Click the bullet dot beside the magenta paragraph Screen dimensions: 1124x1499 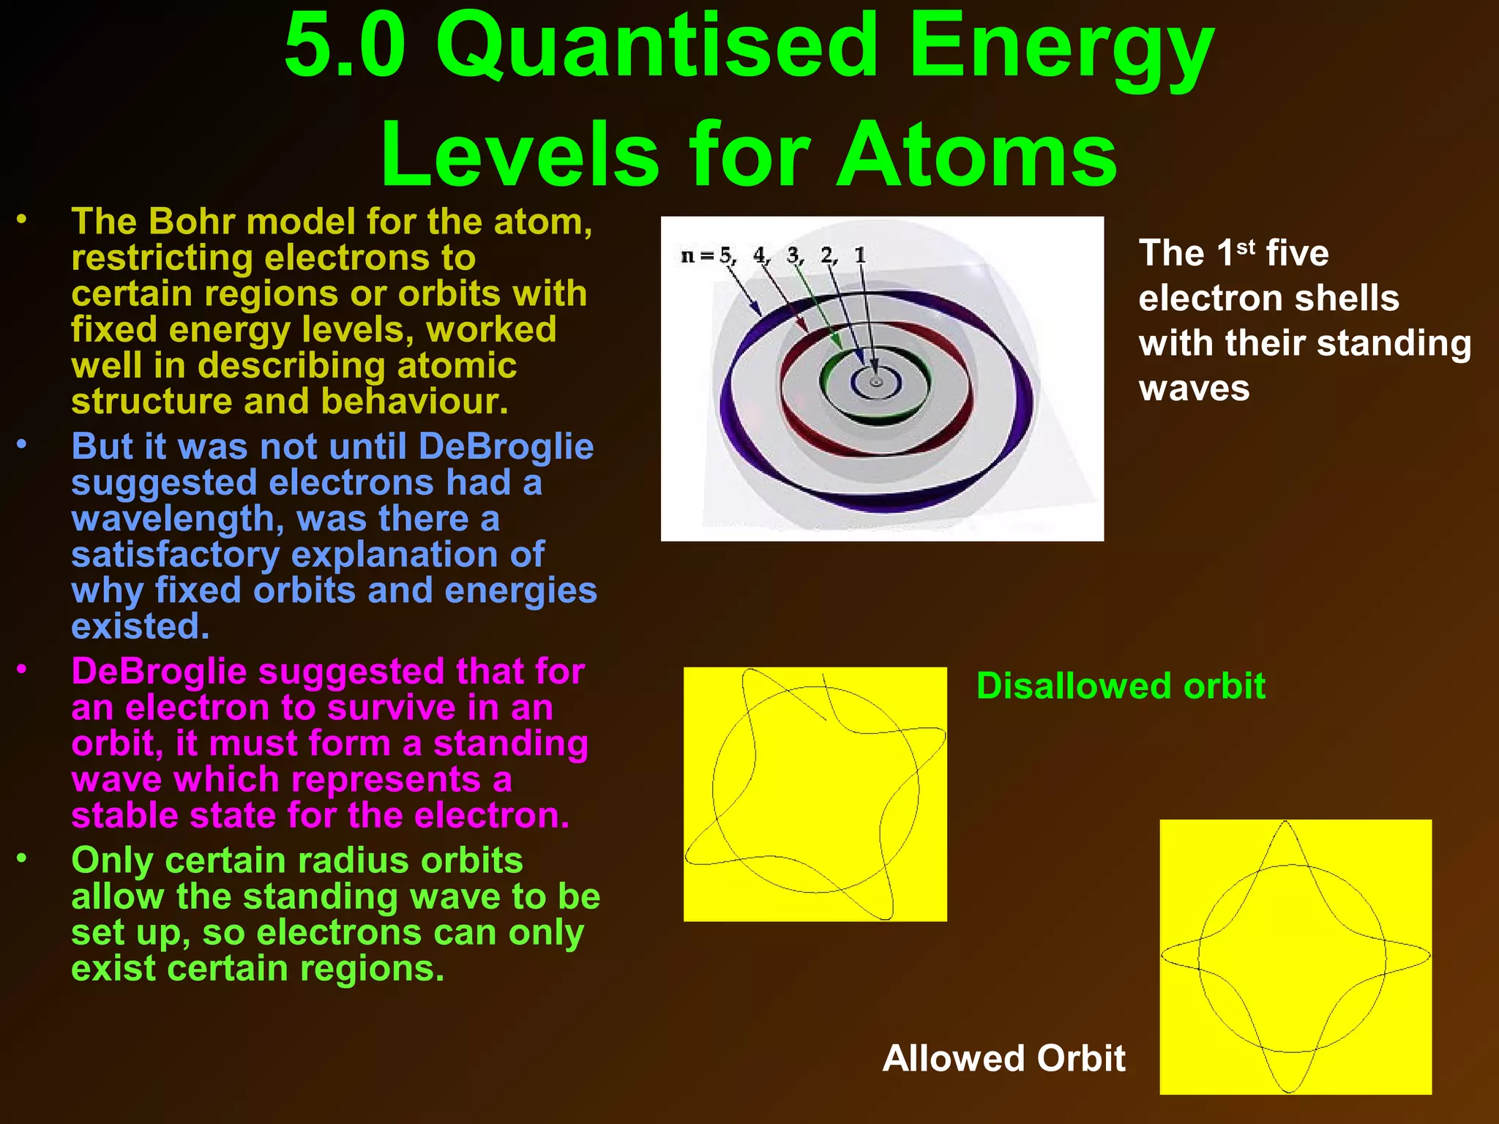23,669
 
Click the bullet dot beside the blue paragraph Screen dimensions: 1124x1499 23,444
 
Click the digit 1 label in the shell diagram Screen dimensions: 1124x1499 860,255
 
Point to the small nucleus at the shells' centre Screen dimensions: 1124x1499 875,382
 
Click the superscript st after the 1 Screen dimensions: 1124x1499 1246,247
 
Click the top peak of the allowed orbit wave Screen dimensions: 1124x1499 1286,823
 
